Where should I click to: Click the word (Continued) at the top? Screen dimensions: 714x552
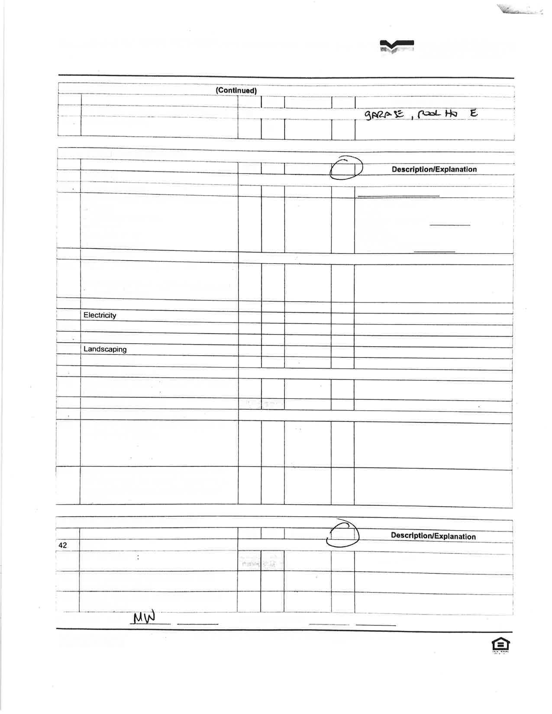pos(236,90)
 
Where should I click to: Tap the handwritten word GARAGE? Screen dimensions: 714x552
pos(384,115)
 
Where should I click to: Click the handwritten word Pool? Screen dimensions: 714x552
pos(429,114)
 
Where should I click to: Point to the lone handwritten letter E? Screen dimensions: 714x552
pos(474,113)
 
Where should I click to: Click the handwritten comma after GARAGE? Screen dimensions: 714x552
pos(412,118)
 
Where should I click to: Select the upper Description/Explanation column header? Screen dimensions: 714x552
pos(434,169)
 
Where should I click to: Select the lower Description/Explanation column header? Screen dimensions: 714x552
pos(433,536)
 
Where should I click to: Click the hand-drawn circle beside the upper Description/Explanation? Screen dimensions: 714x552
pos(345,167)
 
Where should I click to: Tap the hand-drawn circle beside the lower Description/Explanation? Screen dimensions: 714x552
pos(342,534)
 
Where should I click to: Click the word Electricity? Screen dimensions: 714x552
pos(100,315)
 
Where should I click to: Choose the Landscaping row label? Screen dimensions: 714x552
pos(105,349)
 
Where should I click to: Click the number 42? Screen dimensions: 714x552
pos(63,545)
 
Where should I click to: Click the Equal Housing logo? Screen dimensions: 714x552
pos(500,645)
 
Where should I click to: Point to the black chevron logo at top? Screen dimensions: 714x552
pos(397,46)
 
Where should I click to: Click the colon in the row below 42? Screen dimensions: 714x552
pos(138,557)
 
